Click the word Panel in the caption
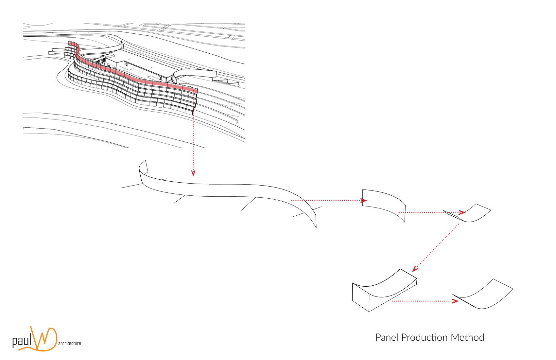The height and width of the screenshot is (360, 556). tap(387, 337)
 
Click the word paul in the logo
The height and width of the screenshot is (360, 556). tap(22, 341)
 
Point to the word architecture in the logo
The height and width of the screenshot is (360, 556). tap(69, 343)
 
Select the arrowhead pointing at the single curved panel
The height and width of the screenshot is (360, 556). tap(364, 200)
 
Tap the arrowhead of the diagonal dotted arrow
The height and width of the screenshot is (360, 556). tap(415, 269)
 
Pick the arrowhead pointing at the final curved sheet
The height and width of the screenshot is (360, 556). tap(455, 301)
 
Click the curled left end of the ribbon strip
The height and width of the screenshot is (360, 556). tap(143, 172)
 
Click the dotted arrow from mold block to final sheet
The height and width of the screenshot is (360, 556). tap(422, 301)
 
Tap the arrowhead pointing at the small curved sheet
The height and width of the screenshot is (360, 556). tap(462, 212)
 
